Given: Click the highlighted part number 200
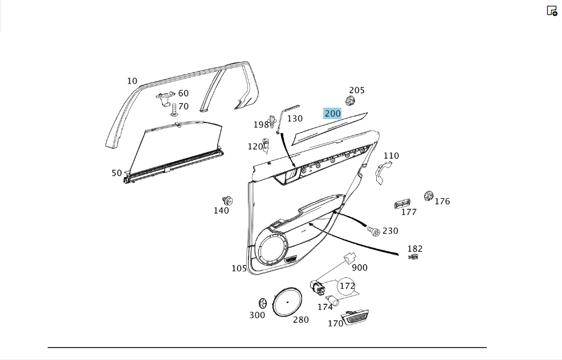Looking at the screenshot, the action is [332, 113].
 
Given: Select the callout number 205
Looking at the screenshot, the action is [357, 90].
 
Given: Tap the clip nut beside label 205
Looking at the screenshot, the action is [350, 101].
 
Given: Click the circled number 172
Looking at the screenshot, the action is [347, 286].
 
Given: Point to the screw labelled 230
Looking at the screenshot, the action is [373, 231].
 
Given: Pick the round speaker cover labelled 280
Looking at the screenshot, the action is [287, 301].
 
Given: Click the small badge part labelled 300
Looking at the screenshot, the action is [263, 304].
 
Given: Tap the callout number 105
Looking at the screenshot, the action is [239, 268].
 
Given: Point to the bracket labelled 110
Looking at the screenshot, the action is [383, 173].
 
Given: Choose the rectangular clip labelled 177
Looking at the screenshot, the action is [402, 204].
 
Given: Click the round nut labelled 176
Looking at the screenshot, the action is [428, 196].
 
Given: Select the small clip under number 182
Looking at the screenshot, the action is [413, 257].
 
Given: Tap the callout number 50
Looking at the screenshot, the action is [117, 173].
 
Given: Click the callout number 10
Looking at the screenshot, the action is [132, 81].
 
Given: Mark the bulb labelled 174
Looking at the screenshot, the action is [332, 300].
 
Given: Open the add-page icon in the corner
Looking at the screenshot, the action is [552, 11].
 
